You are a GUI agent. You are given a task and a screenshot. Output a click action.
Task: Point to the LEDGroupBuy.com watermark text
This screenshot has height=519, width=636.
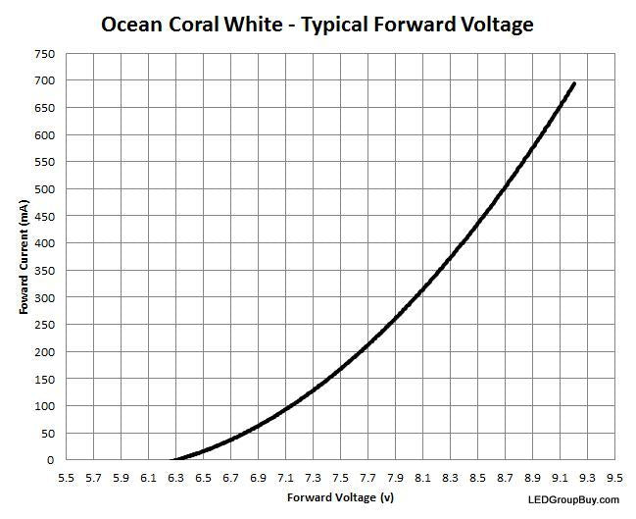(x=566, y=500)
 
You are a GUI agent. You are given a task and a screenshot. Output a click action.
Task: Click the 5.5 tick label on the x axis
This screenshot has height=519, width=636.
(x=67, y=478)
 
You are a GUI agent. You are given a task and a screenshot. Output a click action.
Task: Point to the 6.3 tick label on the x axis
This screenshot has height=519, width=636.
(x=176, y=478)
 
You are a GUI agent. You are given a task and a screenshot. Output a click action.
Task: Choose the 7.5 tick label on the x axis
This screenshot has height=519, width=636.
(x=340, y=478)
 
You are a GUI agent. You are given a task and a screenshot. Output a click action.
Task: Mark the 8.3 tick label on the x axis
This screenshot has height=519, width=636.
(x=450, y=478)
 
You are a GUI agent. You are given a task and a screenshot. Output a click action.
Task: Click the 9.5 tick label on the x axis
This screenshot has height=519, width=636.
(x=614, y=478)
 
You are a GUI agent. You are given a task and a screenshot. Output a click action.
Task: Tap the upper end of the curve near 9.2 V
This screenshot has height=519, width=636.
(x=573, y=84)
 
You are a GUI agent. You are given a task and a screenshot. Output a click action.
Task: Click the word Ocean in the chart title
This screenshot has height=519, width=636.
(x=137, y=24)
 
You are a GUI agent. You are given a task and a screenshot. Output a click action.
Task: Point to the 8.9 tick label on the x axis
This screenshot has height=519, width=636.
(x=532, y=478)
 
